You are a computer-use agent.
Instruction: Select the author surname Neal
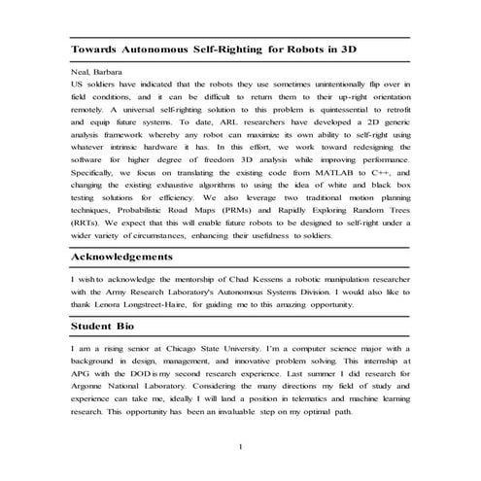click(82, 72)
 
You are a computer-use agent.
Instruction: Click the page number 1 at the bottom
click(240, 446)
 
